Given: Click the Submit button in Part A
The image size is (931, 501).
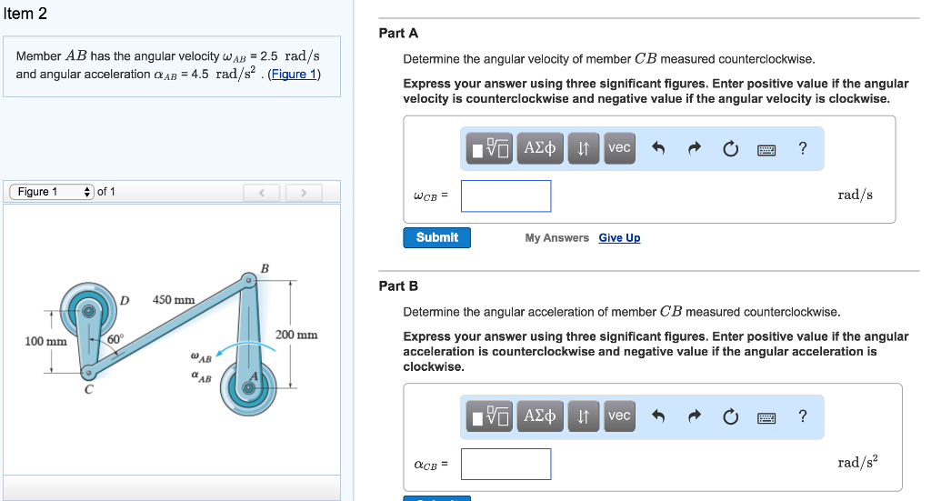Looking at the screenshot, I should (x=436, y=237).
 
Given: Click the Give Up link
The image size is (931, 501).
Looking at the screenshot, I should (x=619, y=238).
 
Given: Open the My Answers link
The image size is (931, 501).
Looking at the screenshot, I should (x=556, y=238).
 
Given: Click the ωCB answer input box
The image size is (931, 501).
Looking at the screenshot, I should (x=506, y=195).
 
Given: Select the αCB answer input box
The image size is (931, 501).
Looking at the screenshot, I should (x=506, y=464).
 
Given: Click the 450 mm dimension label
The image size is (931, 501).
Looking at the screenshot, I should (x=174, y=300).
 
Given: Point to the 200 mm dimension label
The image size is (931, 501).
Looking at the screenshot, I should (x=296, y=335).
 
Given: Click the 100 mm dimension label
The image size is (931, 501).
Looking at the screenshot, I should (x=45, y=342).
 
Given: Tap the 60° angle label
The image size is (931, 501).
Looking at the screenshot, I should (x=115, y=339).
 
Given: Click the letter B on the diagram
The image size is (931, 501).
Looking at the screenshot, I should (x=265, y=268).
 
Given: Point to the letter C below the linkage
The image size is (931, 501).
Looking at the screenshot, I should (x=89, y=390).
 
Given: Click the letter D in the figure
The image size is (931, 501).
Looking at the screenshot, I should (x=125, y=300).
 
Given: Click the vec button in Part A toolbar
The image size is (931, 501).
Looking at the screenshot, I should (x=619, y=147).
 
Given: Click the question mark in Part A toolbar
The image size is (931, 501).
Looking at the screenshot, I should (x=802, y=148).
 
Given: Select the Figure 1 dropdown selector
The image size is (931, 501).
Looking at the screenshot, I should (x=51, y=192).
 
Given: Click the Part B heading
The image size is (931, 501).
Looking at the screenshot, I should (x=398, y=286).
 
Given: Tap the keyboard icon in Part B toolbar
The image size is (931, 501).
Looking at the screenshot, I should (x=766, y=417).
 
